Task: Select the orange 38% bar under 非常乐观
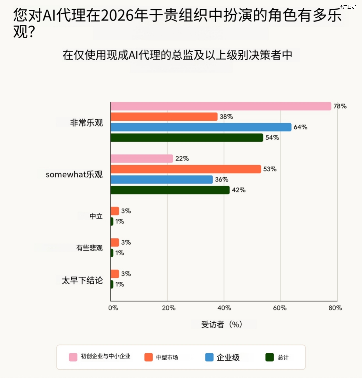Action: (164, 117)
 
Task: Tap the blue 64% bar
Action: (201, 127)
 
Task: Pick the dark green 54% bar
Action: (187, 137)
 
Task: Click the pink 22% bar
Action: (142, 159)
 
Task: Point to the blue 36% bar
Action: (162, 180)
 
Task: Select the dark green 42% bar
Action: (170, 190)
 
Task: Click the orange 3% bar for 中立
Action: (115, 211)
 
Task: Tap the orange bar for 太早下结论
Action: (115, 274)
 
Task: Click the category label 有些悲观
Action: (89, 248)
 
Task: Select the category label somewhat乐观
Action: (74, 175)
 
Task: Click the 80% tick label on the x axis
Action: (335, 308)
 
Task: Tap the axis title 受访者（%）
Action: (222, 324)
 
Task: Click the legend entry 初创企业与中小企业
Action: (105, 357)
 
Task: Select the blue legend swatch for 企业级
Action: (209, 357)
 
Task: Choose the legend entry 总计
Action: (283, 358)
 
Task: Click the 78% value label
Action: (340, 106)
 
